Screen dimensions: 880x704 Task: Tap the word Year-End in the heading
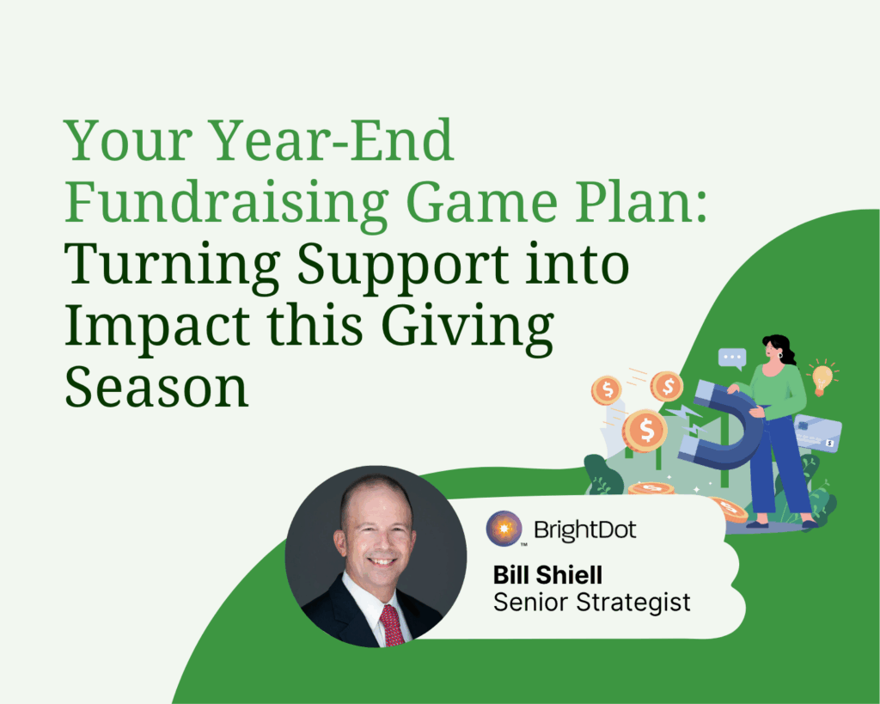[333, 140]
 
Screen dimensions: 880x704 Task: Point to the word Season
[156, 388]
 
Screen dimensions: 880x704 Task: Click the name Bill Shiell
[547, 575]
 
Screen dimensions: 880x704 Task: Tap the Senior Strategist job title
[591, 603]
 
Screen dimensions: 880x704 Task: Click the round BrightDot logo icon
[504, 529]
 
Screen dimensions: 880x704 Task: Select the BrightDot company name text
[584, 530]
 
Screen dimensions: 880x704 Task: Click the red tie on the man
[392, 626]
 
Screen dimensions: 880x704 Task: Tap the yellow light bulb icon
[822, 378]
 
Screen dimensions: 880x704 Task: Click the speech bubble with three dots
[732, 358]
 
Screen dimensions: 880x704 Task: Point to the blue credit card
[818, 433]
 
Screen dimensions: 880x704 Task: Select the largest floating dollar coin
[645, 431]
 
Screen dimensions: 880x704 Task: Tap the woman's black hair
[782, 347]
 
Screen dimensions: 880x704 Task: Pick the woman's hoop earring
[779, 355]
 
